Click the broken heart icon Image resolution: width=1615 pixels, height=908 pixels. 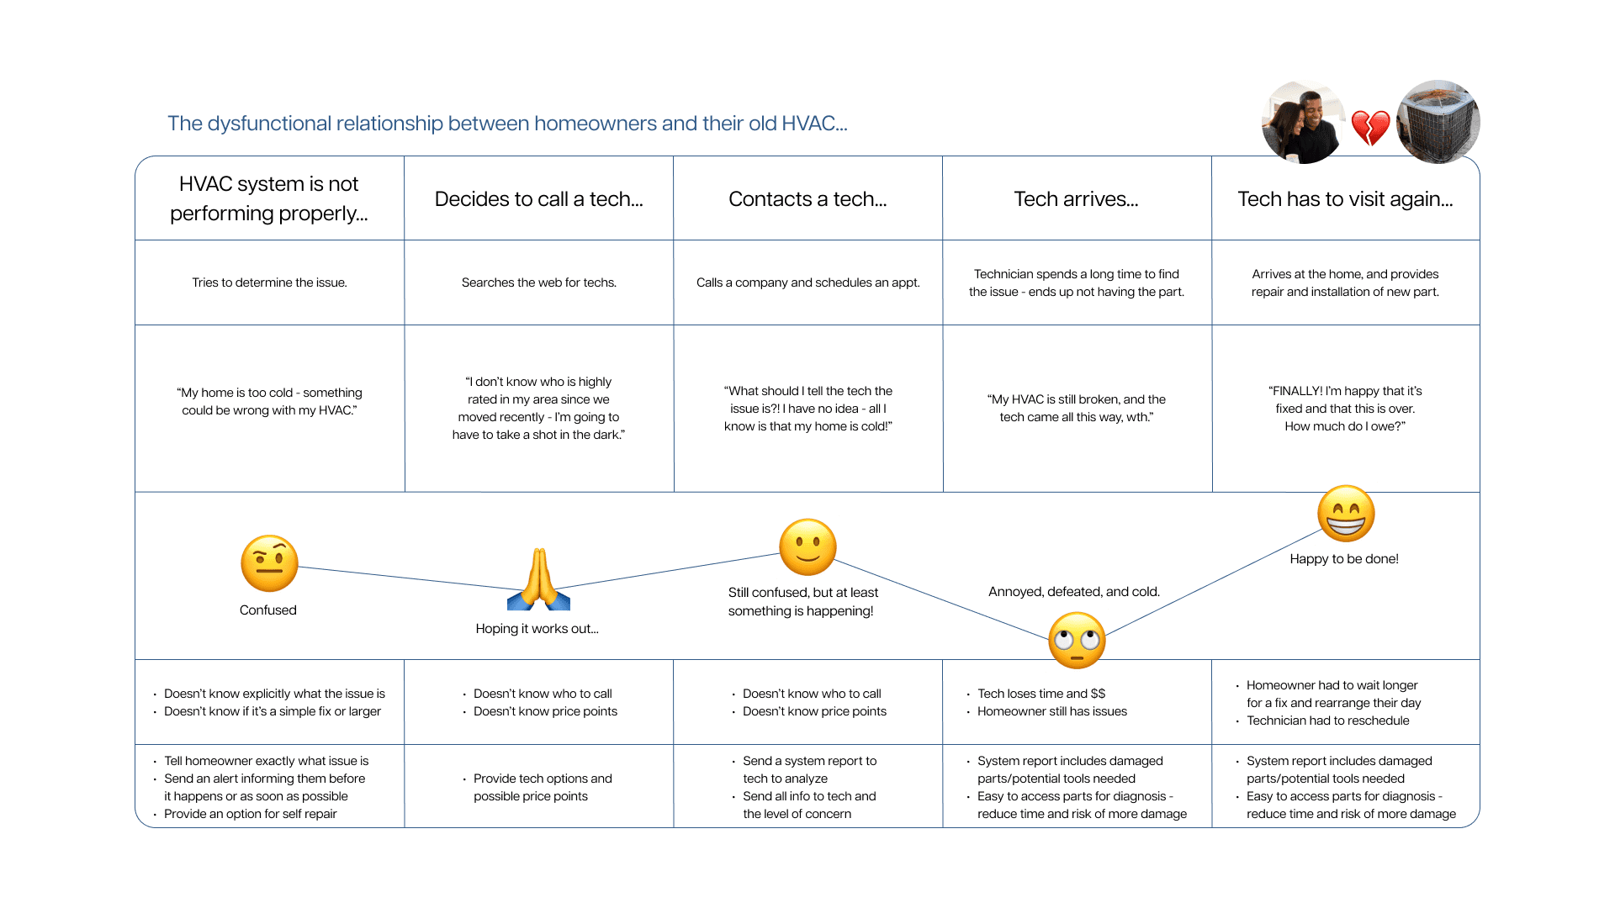pyautogui.click(x=1370, y=127)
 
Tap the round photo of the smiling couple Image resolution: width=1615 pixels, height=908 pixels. pyautogui.click(x=1303, y=123)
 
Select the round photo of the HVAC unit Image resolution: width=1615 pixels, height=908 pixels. pyautogui.click(x=1438, y=122)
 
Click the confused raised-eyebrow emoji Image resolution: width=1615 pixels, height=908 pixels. pyautogui.click(x=269, y=563)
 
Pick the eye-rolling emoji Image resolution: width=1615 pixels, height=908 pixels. pyautogui.click(x=1077, y=641)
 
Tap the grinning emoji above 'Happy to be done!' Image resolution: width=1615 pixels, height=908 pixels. pyautogui.click(x=1346, y=514)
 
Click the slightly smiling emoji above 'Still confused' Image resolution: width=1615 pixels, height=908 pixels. pyautogui.click(x=807, y=547)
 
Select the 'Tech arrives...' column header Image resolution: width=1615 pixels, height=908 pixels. pyautogui.click(x=1076, y=199)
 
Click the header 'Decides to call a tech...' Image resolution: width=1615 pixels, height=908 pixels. pyautogui.click(x=538, y=199)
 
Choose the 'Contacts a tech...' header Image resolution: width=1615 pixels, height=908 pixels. pyautogui.click(x=807, y=199)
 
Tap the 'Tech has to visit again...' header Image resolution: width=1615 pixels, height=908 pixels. pyautogui.click(x=1345, y=199)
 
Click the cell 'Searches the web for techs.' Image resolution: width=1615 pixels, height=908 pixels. pyautogui.click(x=538, y=282)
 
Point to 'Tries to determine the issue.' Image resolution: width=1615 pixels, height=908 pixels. pyautogui.click(x=269, y=282)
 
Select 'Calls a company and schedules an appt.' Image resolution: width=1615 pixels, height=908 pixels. pyautogui.click(x=807, y=282)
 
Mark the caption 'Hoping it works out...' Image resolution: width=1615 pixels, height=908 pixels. pyautogui.click(x=537, y=629)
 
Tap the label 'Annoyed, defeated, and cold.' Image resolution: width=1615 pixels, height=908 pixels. pyautogui.click(x=1073, y=592)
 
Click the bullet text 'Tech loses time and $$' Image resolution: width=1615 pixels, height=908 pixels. pyautogui.click(x=1041, y=694)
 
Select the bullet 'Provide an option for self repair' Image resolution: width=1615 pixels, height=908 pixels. pyautogui.click(x=251, y=814)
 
